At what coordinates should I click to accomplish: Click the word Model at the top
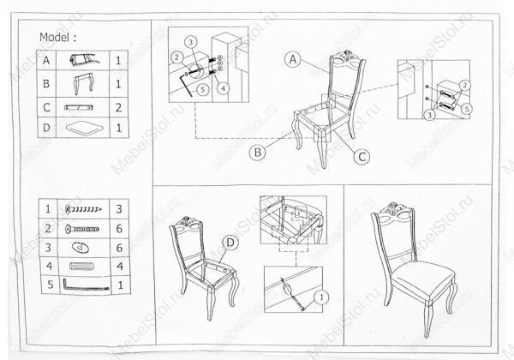[x=55, y=38]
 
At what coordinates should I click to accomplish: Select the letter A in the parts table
[x=46, y=60]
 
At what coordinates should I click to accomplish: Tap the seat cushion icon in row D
[x=83, y=128]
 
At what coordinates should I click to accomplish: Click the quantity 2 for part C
[x=118, y=107]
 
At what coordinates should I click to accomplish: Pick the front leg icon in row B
[x=83, y=84]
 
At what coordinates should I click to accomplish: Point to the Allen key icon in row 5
[x=86, y=285]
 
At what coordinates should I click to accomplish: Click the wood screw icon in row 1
[x=83, y=209]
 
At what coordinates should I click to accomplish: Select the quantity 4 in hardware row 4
[x=120, y=266]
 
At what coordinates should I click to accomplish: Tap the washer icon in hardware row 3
[x=81, y=248]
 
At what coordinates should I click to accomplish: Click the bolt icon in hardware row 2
[x=82, y=229]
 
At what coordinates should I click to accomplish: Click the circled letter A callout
[x=293, y=59]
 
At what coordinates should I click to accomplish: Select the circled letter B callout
[x=258, y=153]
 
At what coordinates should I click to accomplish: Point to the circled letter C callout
[x=362, y=157]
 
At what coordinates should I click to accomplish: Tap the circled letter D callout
[x=230, y=243]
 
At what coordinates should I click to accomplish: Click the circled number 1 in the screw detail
[x=321, y=297]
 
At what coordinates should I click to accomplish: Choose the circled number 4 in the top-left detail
[x=223, y=88]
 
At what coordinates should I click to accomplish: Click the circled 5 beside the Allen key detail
[x=203, y=89]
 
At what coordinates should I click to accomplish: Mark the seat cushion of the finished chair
[x=423, y=276]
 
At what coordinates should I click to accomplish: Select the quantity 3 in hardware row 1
[x=119, y=209]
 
